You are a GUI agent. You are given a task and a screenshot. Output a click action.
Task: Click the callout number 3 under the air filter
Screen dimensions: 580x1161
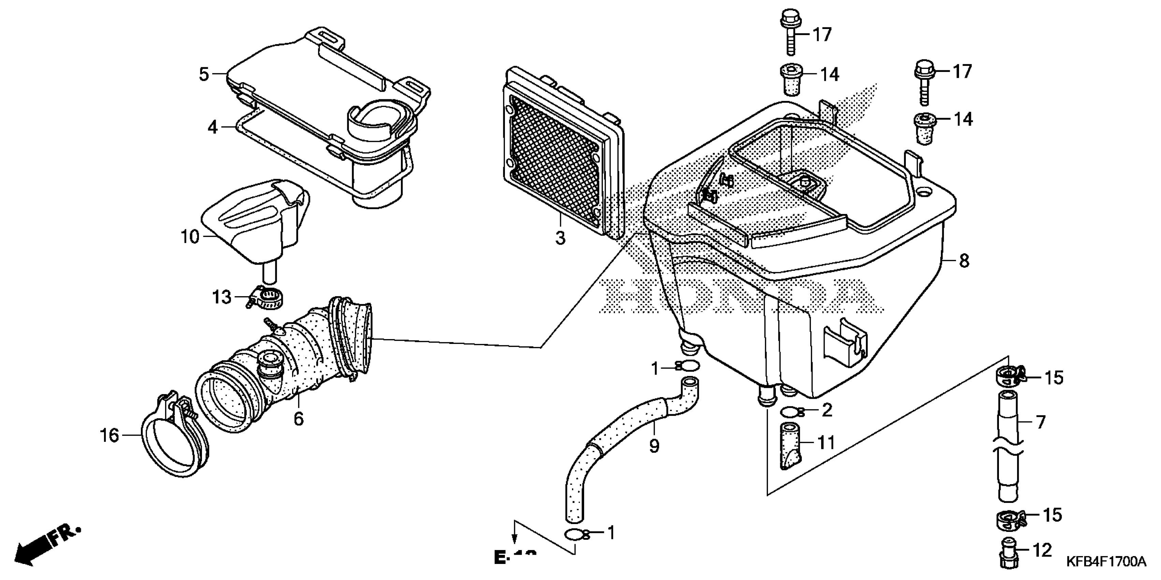tap(560, 237)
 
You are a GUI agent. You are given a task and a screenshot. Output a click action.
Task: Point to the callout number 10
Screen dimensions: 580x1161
tap(190, 236)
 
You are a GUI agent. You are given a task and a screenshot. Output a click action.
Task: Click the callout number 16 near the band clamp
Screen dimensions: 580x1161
tap(110, 435)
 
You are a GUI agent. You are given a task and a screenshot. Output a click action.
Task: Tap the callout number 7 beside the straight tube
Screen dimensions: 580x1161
tap(1040, 422)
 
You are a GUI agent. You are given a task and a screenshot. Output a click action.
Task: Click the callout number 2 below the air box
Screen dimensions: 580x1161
tap(827, 410)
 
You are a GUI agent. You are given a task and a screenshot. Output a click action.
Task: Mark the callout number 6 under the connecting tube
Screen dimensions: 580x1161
tap(299, 419)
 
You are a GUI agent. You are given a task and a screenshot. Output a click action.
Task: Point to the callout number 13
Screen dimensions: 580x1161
tap(222, 298)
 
